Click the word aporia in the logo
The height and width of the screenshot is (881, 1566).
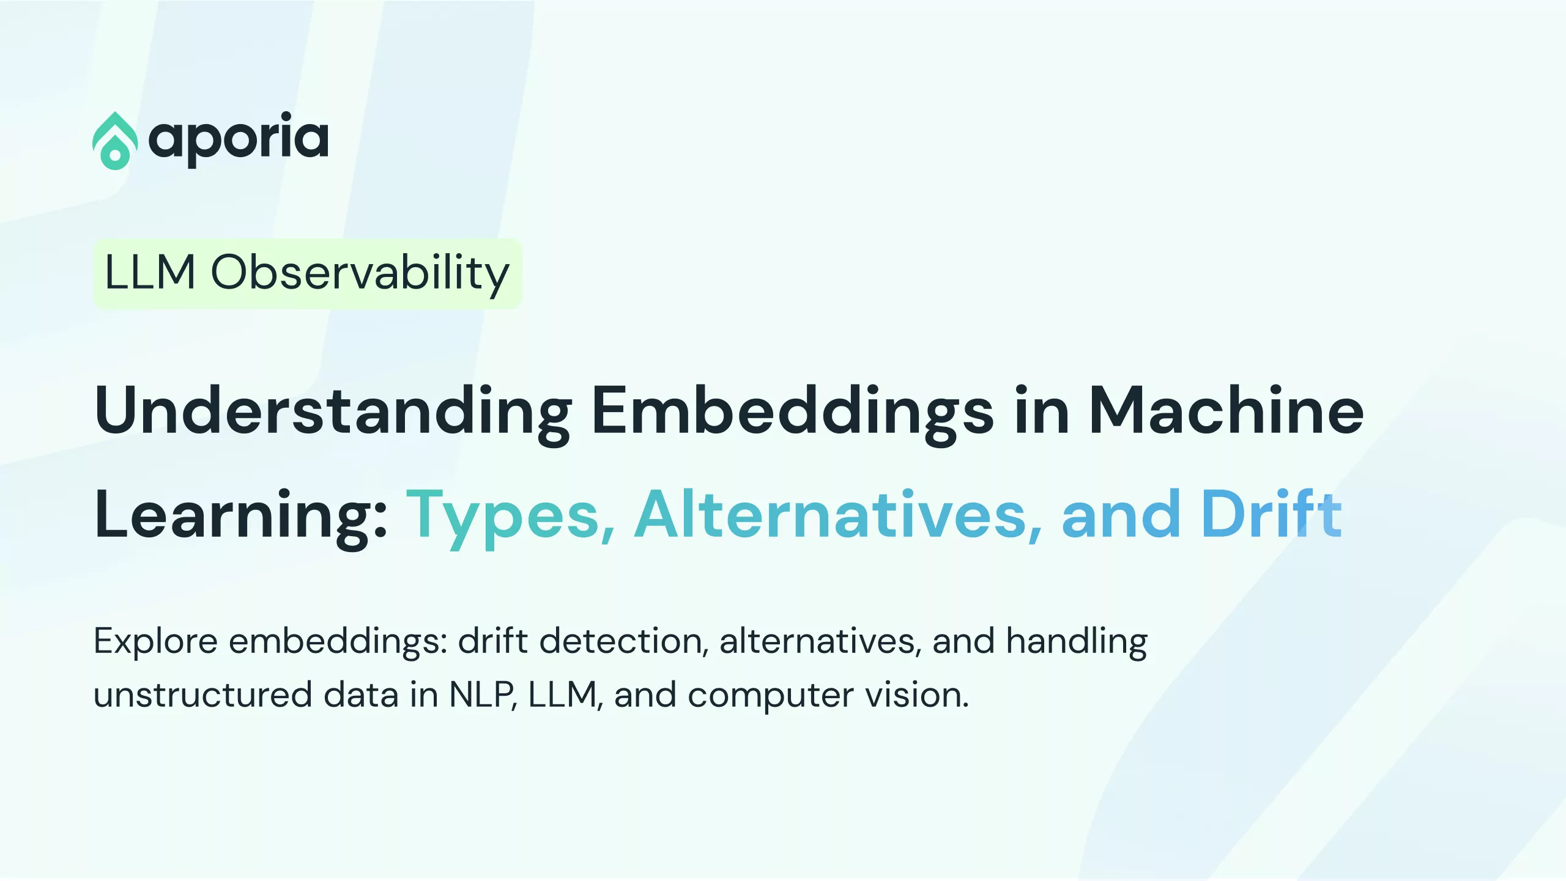239,139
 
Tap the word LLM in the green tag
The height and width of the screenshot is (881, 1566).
150,272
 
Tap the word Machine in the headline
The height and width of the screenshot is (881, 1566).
1226,410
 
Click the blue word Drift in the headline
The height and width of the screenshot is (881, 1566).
1272,514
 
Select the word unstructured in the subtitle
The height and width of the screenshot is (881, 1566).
203,695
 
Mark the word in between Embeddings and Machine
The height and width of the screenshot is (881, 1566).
1041,410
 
